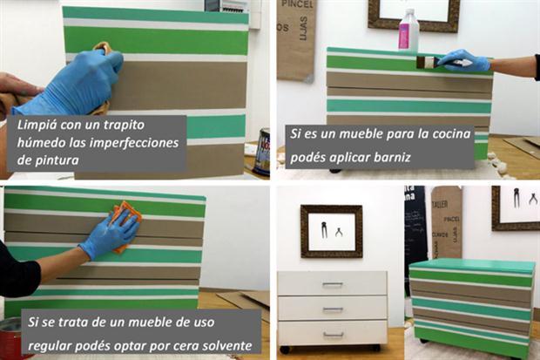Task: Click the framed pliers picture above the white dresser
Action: pos(331,231)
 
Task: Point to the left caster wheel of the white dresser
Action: pos(284,350)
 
